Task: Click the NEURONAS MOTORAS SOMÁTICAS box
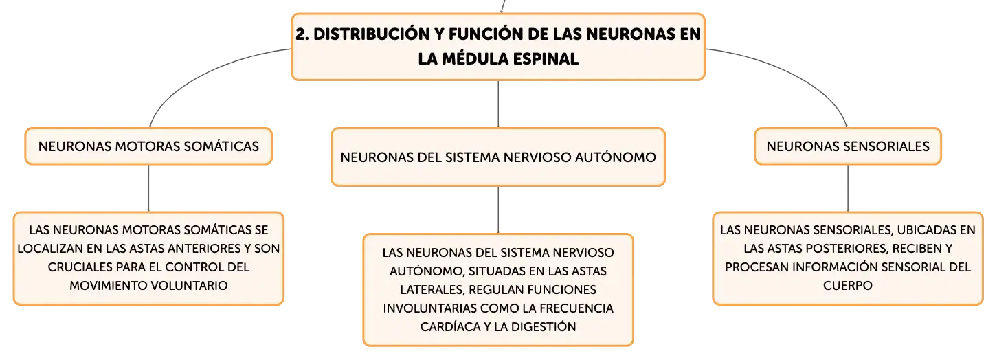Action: tap(148, 146)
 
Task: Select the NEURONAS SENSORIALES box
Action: tap(848, 146)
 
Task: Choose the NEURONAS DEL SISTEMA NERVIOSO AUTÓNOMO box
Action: tap(498, 157)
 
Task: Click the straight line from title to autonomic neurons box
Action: tap(498, 104)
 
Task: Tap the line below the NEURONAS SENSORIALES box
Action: tap(848, 188)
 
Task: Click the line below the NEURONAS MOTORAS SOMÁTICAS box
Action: tap(148, 188)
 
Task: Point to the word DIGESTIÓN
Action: tap(544, 326)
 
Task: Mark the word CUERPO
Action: tap(848, 285)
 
